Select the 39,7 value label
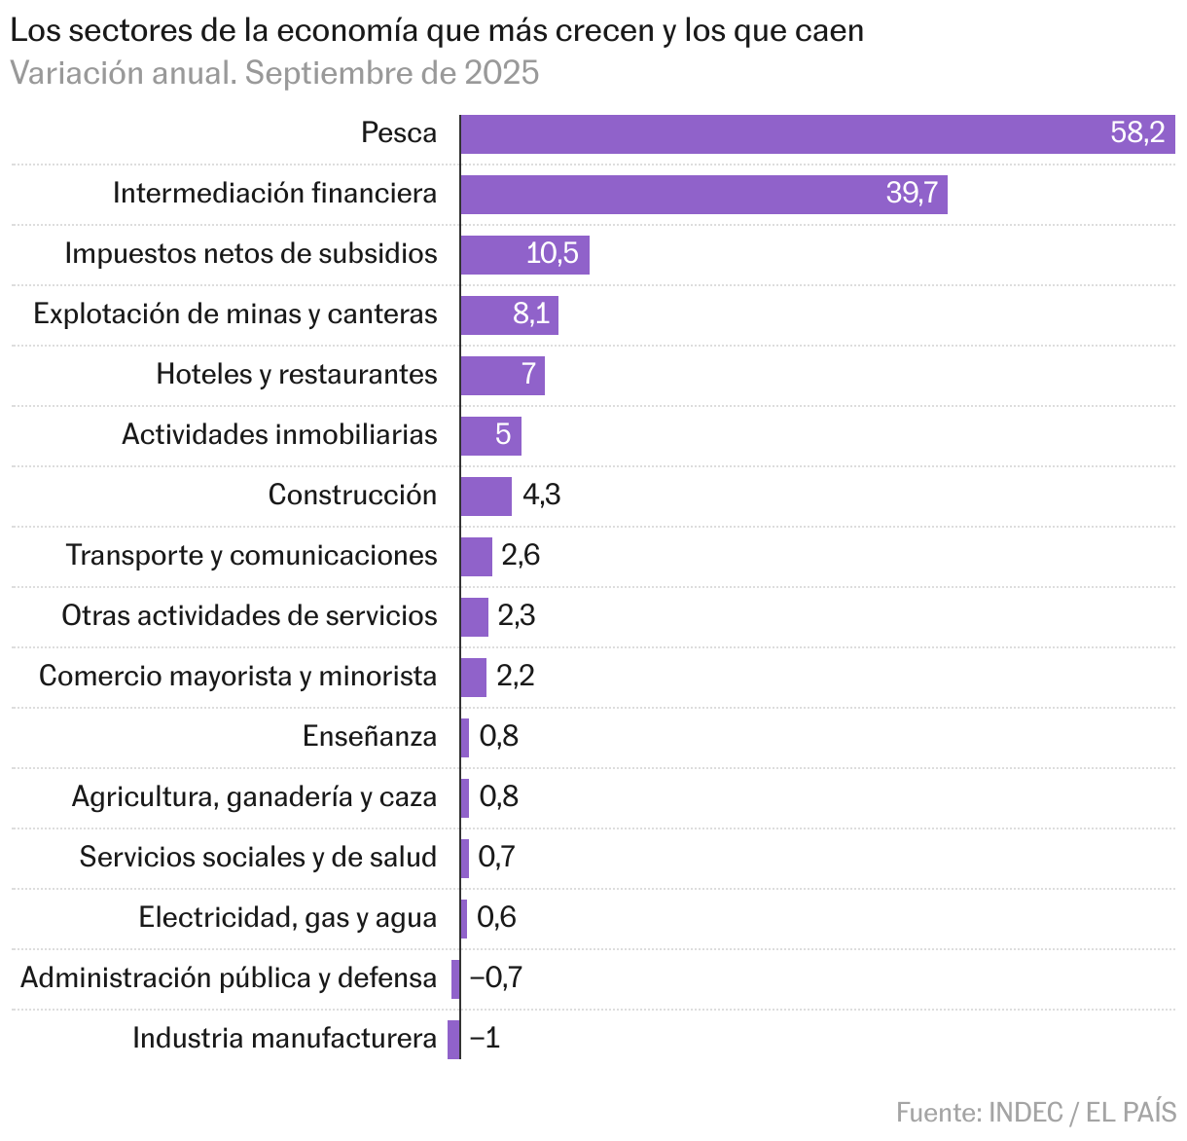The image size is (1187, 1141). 912,194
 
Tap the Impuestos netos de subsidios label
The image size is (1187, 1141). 251,254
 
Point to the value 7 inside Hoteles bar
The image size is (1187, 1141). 529,375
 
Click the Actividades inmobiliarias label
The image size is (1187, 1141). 279,435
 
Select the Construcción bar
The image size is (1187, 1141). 486,497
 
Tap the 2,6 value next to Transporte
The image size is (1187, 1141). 521,556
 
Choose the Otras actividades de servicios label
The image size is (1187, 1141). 249,616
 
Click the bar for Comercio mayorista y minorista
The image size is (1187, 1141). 474,678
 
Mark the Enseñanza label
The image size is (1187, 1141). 370,737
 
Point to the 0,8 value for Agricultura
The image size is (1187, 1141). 499,797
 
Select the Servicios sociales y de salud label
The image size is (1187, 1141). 258,858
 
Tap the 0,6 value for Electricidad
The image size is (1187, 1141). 497,918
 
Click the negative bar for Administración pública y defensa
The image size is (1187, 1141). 455,979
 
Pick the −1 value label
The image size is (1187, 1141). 485,1039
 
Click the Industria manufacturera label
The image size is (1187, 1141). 284,1039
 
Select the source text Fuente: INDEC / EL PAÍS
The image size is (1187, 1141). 1036,1113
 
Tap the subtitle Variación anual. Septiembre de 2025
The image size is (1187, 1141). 274,74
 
